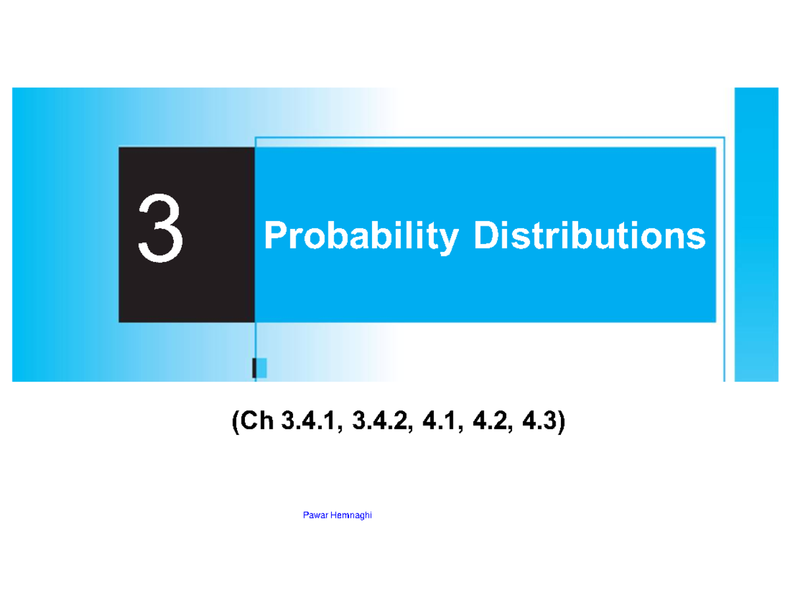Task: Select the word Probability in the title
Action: click(x=359, y=238)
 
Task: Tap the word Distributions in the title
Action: click(x=588, y=238)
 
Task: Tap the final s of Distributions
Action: click(x=697, y=239)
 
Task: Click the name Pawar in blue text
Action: click(x=313, y=516)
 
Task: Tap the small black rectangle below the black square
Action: click(x=254, y=368)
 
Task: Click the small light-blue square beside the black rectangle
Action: click(x=261, y=368)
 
